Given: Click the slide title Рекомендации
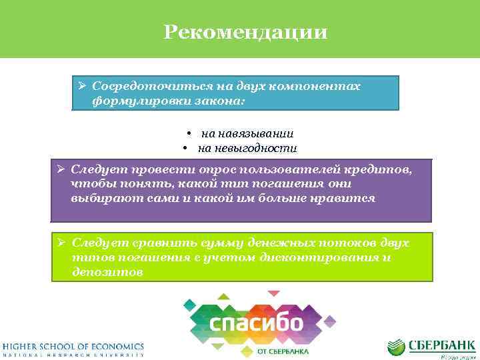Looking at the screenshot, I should tap(245, 32).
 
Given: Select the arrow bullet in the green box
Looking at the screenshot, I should tap(61, 243).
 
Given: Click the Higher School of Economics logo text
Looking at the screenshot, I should tap(72, 346).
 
